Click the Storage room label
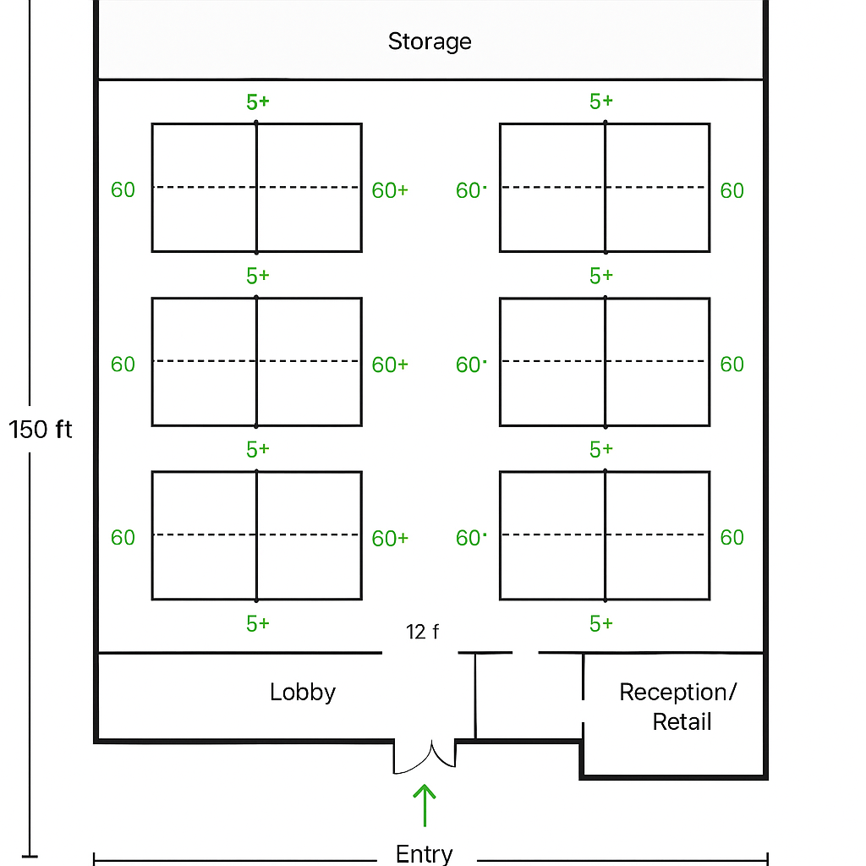click(x=430, y=41)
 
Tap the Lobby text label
click(x=303, y=692)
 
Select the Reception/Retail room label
click(x=678, y=707)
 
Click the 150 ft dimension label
click(x=41, y=430)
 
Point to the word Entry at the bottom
click(x=424, y=853)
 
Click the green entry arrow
click(x=424, y=804)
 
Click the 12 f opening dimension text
click(x=422, y=631)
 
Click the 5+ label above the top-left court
click(x=258, y=101)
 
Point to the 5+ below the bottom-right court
click(x=601, y=624)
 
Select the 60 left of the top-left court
click(x=123, y=190)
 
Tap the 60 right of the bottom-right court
click(x=732, y=538)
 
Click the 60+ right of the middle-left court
click(x=390, y=364)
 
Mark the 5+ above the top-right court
click(x=601, y=101)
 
